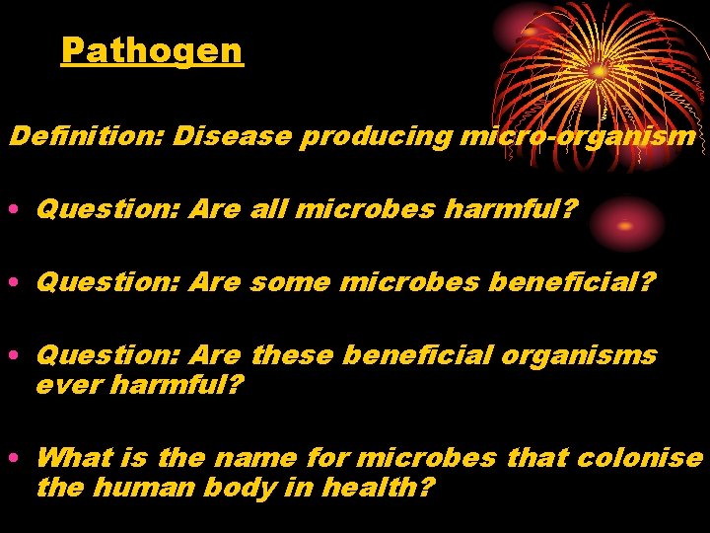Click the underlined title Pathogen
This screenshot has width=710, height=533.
[x=151, y=49]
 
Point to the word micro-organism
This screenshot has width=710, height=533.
[x=577, y=136]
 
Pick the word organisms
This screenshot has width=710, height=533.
[x=579, y=356]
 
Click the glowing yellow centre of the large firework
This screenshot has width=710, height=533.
[x=600, y=71]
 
